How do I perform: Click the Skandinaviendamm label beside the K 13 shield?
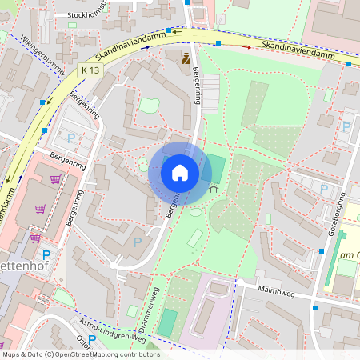(x=130, y=48)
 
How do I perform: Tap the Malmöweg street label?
(x=277, y=293)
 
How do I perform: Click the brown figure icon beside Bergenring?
(x=186, y=58)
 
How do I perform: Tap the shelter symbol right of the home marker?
(x=213, y=190)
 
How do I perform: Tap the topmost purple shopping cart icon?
(x=55, y=179)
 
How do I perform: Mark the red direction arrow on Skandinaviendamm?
(x=248, y=47)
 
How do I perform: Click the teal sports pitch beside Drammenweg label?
(x=167, y=322)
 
